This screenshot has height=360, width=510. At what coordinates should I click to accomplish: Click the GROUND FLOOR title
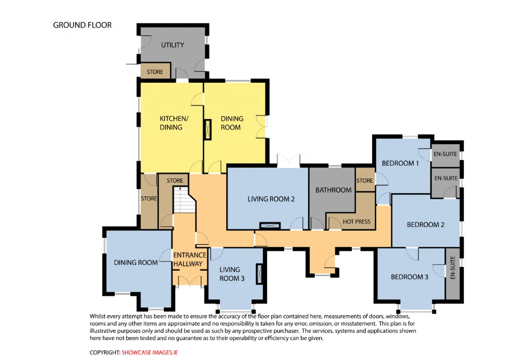[82, 25]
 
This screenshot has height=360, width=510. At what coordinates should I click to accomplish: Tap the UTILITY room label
[173, 45]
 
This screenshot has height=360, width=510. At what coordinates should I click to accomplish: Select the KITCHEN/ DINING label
[174, 123]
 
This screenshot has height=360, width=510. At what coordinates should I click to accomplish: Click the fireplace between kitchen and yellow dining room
[208, 129]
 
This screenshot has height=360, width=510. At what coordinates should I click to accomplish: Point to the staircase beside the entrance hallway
[184, 200]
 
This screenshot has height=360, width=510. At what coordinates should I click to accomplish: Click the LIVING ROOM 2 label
[271, 199]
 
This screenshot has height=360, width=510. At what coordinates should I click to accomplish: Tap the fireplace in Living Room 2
[270, 226]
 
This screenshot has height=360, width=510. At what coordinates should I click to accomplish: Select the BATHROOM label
[333, 190]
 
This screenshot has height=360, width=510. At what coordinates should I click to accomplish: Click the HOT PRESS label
[357, 221]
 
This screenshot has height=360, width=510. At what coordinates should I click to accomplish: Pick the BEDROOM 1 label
[400, 163]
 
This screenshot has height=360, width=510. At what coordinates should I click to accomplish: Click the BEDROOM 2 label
[426, 225]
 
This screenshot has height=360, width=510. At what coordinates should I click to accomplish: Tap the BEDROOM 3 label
[410, 277]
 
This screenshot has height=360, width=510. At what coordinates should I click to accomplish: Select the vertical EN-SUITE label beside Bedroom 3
[453, 268]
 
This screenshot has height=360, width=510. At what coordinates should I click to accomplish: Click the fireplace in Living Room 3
[259, 274]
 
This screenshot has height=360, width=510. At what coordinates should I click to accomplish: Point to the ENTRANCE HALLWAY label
[190, 259]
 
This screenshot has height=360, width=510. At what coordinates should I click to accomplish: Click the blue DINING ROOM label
[136, 262]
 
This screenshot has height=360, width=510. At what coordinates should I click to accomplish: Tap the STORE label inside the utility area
[155, 72]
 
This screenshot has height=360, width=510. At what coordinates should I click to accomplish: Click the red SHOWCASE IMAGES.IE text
[149, 352]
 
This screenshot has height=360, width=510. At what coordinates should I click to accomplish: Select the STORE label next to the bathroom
[365, 180]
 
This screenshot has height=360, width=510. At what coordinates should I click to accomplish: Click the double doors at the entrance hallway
[190, 281]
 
